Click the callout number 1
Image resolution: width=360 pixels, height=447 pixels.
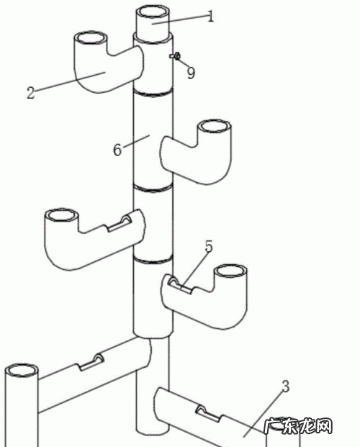[x=210, y=17]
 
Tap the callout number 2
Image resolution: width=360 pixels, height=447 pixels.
[x=30, y=93]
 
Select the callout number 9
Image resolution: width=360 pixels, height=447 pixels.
[x=191, y=73]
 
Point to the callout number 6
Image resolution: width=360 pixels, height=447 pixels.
[x=117, y=150]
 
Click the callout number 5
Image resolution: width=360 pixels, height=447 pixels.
[x=209, y=247]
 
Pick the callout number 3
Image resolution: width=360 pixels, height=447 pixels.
[x=286, y=387]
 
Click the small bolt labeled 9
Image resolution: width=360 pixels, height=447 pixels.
[x=175, y=56]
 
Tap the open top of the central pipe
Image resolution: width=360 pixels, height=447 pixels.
[x=153, y=13]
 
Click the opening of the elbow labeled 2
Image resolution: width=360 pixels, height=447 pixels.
[x=91, y=38]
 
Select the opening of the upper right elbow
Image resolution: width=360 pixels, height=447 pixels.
[x=215, y=126]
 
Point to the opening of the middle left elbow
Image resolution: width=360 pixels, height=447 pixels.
[x=61, y=215]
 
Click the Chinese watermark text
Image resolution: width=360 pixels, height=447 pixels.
[x=298, y=426]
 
